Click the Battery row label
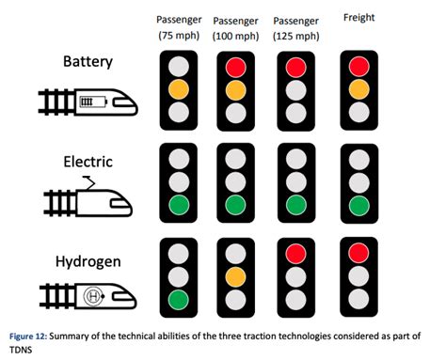(x=87, y=62)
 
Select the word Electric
(x=87, y=161)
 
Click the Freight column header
(x=358, y=17)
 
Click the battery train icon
(x=88, y=102)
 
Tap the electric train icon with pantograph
(x=87, y=196)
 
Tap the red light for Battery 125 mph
(x=295, y=66)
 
